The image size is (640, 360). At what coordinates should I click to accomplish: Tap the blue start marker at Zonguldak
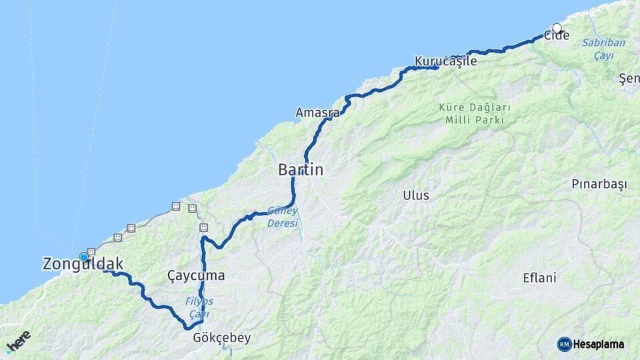coord(84,257)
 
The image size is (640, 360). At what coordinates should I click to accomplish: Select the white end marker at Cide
coord(557,29)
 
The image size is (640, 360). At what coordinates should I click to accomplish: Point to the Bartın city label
coord(301,170)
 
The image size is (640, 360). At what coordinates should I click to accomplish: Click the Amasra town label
coord(317,113)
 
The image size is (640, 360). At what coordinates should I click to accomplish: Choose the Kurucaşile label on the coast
coord(446,61)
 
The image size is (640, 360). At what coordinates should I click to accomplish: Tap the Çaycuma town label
coord(196,276)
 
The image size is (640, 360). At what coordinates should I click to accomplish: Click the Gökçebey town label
coord(221,338)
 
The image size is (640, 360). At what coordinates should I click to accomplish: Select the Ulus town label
coord(416,195)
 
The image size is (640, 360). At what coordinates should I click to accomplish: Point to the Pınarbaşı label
coord(599,184)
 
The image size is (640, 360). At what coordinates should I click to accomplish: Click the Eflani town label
coord(539,278)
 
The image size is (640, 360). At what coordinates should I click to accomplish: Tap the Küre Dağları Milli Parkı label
coord(475,113)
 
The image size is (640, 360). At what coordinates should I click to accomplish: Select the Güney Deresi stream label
coord(283,217)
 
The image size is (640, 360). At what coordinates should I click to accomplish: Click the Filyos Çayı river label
coord(199,307)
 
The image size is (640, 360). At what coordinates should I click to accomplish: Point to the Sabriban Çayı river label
coord(603,49)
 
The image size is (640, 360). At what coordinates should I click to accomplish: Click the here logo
coord(18,341)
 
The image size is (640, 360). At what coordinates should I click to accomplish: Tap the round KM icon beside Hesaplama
coord(565,344)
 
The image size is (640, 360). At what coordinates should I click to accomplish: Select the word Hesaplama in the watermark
coord(599,344)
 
